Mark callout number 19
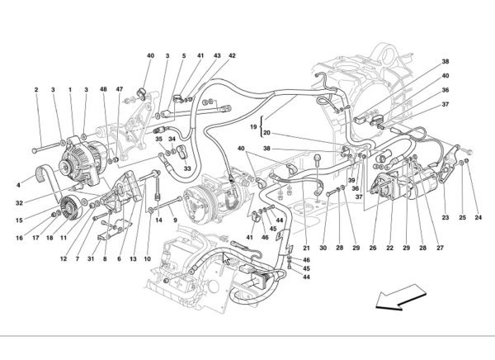(256, 126)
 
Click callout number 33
(187, 168)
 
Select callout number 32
(18, 201)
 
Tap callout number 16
(17, 239)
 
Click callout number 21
(304, 248)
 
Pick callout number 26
(373, 248)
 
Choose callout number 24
(478, 218)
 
